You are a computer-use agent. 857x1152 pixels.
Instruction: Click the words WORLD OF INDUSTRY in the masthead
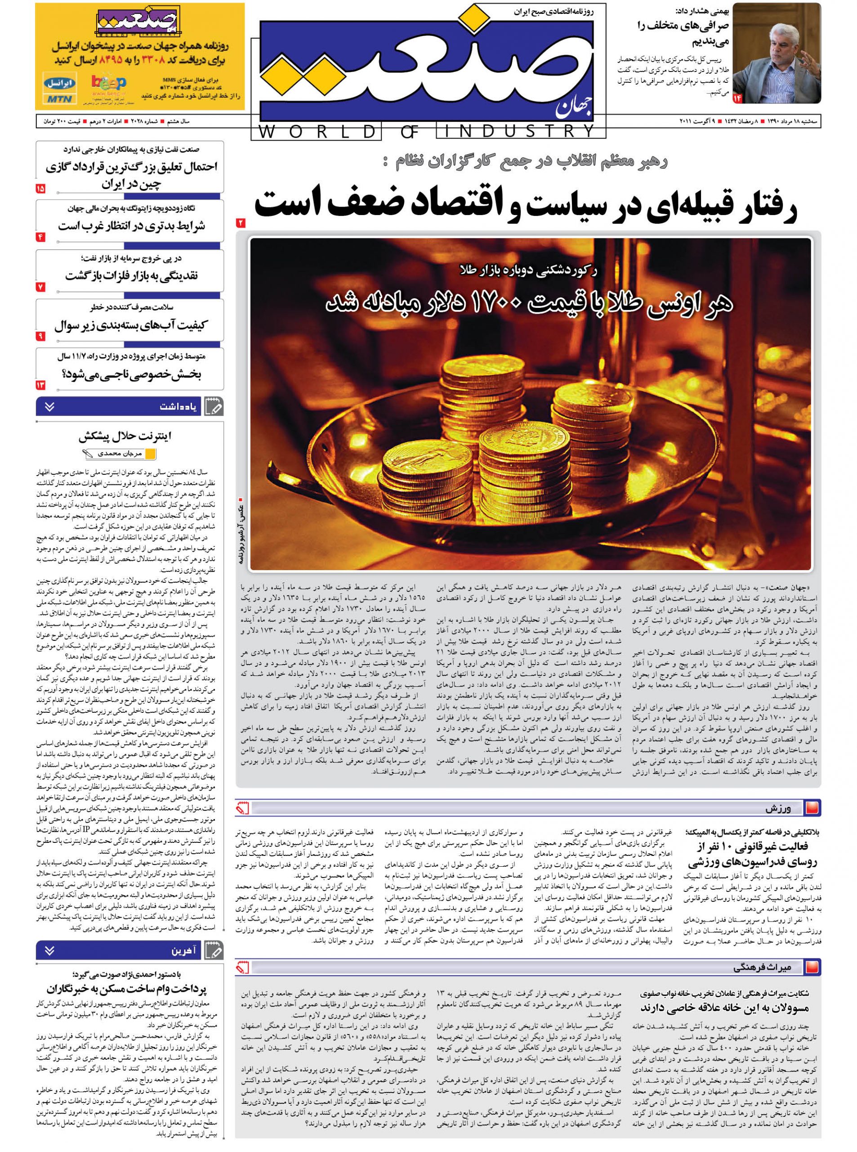428,131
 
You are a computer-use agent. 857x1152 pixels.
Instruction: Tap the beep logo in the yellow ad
108,83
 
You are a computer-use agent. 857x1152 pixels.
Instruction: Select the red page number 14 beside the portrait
737,97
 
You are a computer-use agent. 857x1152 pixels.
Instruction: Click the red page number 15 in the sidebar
40,189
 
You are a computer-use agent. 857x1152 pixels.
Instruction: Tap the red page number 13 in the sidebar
40,385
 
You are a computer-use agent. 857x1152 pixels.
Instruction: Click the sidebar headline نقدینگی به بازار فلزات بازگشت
131,276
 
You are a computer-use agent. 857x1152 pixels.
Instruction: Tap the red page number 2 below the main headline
241,223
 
